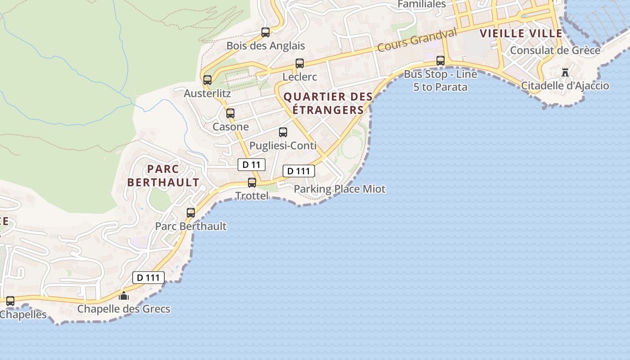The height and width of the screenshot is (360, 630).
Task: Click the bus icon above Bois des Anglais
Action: [x=265, y=32]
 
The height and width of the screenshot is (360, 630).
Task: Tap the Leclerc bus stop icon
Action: [x=300, y=63]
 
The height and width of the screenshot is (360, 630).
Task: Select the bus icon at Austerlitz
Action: [x=207, y=80]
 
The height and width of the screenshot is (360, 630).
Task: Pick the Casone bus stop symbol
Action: [x=230, y=113]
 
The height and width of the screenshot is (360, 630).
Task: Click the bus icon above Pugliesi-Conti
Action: [x=283, y=132]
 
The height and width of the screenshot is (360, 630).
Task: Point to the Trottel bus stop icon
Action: [x=252, y=183]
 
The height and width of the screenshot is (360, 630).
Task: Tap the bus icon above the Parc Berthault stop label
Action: [x=191, y=213]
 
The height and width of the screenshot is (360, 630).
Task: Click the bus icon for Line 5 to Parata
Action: [x=441, y=61]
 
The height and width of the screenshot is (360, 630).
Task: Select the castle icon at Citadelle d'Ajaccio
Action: [x=565, y=72]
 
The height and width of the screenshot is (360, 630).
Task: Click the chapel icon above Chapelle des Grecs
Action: [x=124, y=296]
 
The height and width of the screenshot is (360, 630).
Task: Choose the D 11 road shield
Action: [x=252, y=165]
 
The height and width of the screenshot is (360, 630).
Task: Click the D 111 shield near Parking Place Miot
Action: [x=298, y=171]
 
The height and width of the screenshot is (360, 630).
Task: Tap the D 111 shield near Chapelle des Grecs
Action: [x=148, y=278]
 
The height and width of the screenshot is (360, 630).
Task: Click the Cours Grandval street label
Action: [x=417, y=40]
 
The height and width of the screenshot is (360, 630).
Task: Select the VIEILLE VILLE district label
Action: [x=521, y=33]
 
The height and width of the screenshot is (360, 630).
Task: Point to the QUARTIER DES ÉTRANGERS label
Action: [x=328, y=103]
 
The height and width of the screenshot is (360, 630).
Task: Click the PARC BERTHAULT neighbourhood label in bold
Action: [x=163, y=176]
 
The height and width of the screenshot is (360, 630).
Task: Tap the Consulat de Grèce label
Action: [x=555, y=50]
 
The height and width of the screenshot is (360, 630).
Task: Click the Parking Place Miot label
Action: [x=340, y=189]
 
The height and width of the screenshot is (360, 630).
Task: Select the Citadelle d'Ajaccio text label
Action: [x=565, y=85]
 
